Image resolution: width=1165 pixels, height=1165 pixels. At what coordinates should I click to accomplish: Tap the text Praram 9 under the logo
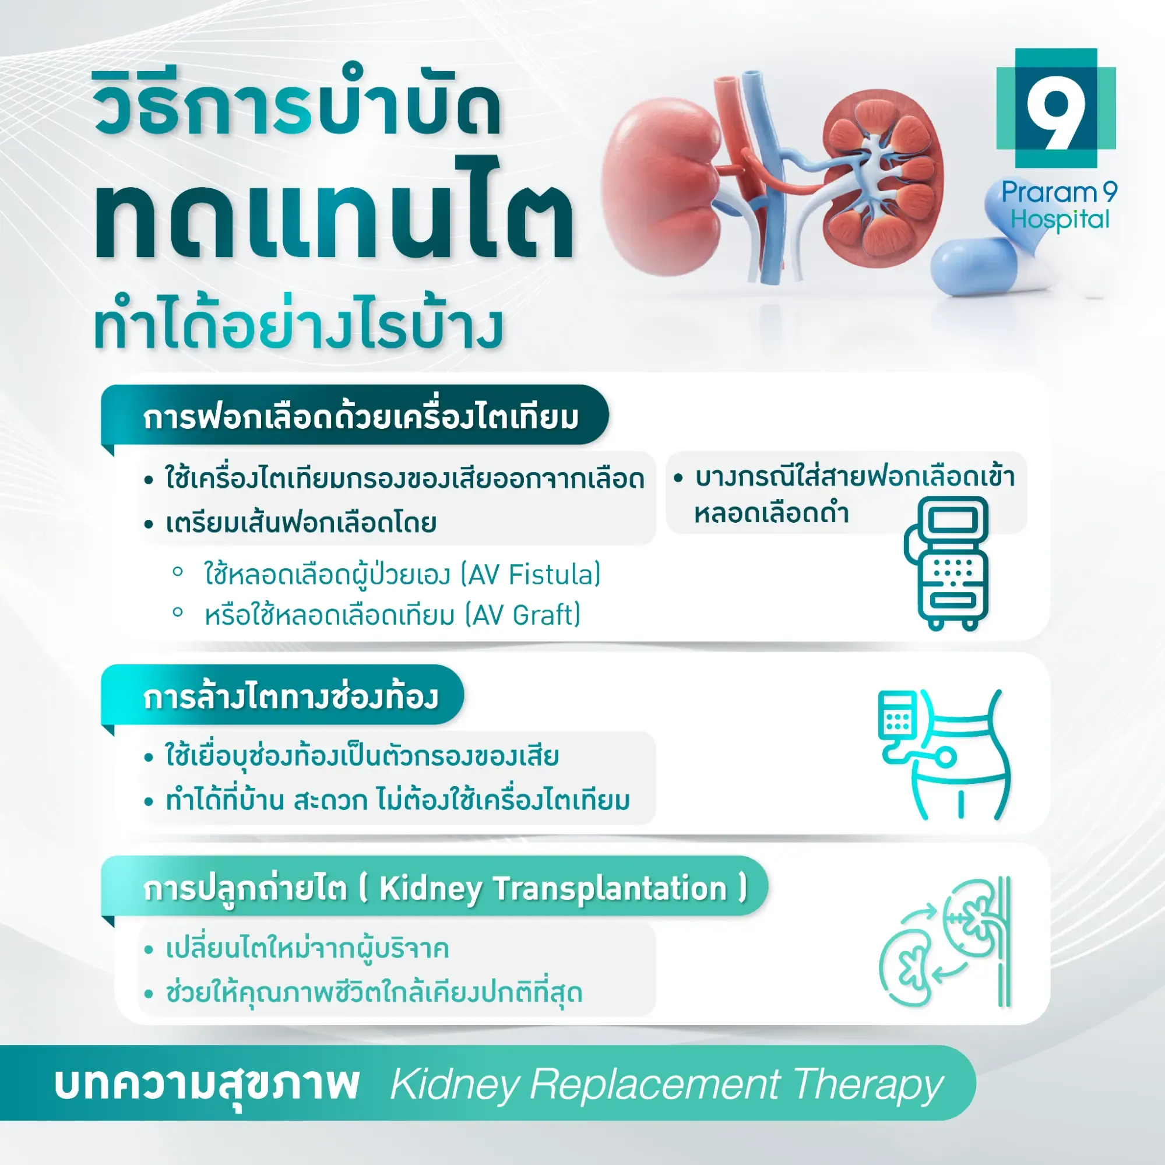1059,192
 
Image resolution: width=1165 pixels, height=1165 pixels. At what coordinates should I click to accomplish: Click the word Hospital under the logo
1060,220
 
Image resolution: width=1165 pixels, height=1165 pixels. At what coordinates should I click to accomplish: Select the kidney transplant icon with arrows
944,942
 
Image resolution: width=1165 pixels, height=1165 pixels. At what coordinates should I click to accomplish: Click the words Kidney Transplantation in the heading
553,889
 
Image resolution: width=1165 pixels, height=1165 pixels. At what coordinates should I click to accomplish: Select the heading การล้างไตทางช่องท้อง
291,696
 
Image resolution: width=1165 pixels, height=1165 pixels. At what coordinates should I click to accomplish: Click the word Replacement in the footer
655,1085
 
